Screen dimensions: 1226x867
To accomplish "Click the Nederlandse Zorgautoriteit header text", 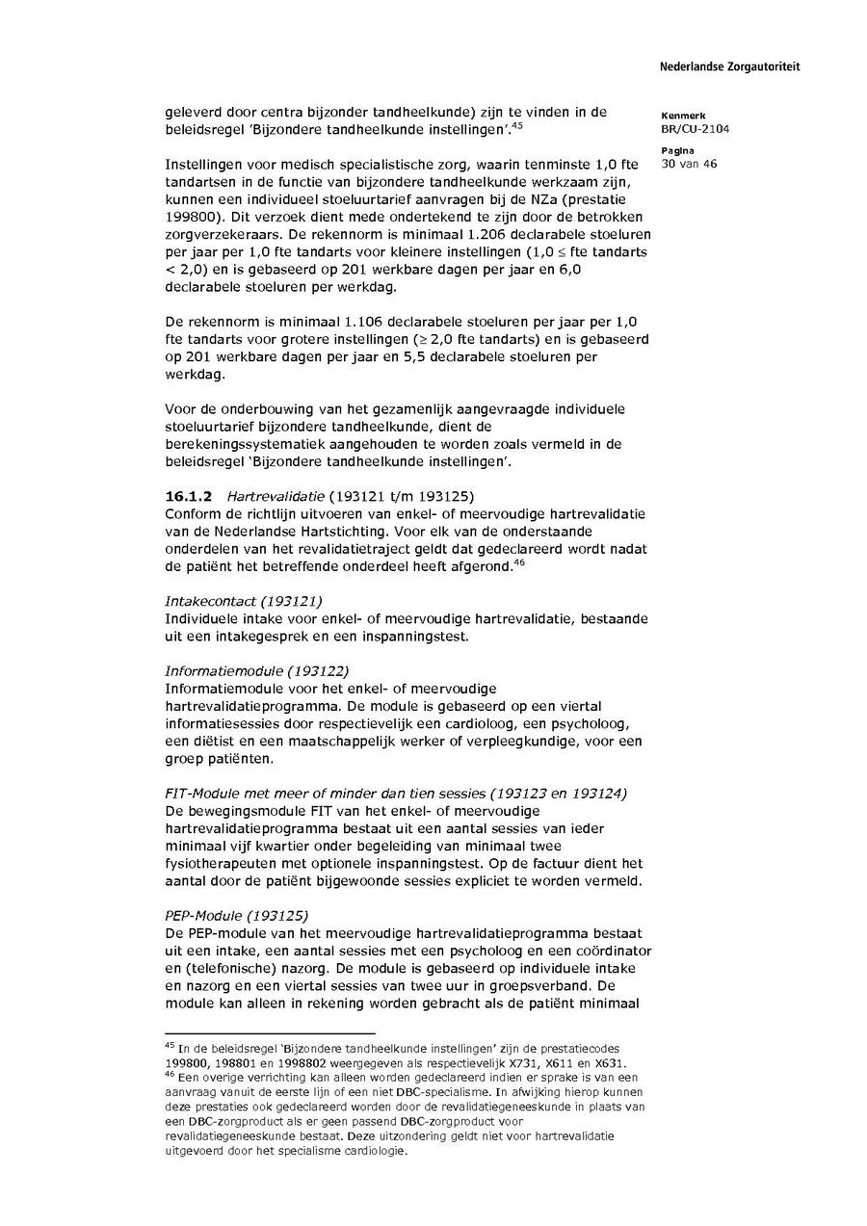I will tap(729, 66).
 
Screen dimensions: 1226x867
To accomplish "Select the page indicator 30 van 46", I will tap(689, 164).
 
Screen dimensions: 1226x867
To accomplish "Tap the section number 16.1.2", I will tap(184, 496).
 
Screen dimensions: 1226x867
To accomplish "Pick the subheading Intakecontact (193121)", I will tap(243, 601).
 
